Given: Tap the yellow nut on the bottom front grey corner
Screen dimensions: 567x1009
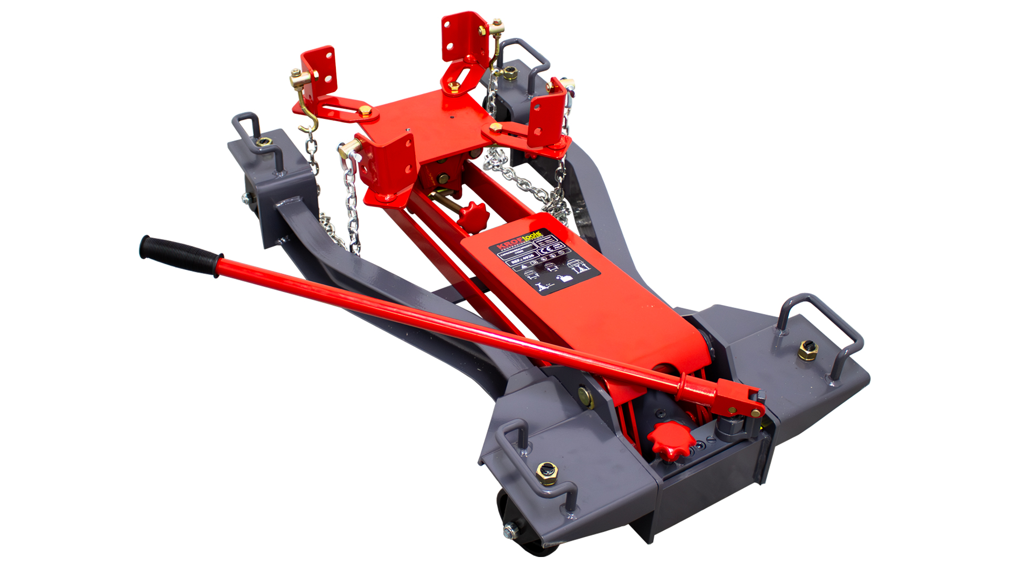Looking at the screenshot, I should click(x=546, y=472).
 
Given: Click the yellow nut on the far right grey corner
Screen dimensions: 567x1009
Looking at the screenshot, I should click(x=808, y=350).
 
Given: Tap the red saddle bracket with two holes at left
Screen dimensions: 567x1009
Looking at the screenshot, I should click(x=319, y=68).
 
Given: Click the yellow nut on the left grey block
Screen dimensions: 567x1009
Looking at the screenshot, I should click(x=264, y=142).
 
